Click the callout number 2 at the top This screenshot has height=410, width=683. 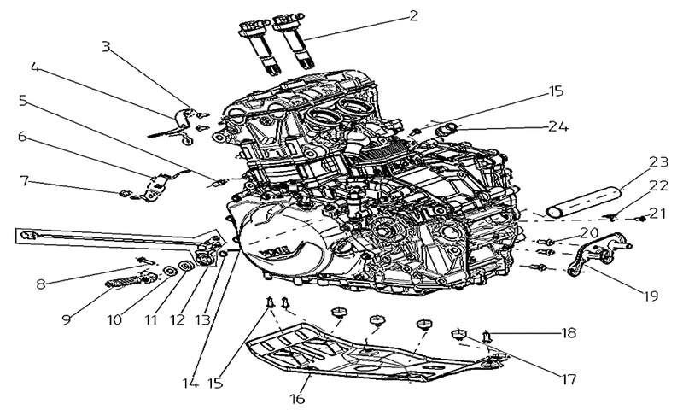coord(413,16)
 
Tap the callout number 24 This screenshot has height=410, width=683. coord(558,126)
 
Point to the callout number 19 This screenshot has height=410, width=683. coord(651,296)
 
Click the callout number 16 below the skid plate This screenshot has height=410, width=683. coord(297,398)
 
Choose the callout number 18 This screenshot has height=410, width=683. coord(569,333)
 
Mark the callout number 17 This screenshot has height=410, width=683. coord(569,379)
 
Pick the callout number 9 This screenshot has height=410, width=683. coord(67,319)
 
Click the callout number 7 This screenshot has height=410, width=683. coord(25,180)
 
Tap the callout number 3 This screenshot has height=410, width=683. coord(106,46)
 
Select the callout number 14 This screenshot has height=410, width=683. coord(190,384)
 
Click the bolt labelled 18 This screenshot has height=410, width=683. coord(487,337)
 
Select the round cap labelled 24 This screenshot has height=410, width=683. coord(446,129)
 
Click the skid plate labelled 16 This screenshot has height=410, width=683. coord(375,355)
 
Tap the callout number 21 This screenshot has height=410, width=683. coord(657,213)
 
